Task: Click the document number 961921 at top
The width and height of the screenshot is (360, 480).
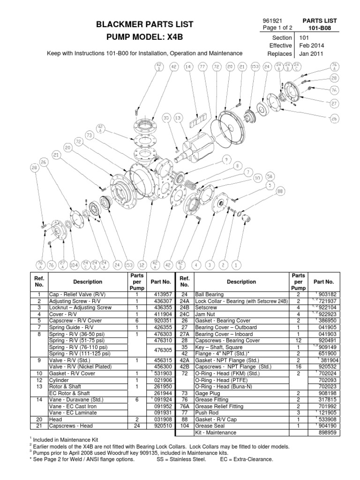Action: [x=274, y=21]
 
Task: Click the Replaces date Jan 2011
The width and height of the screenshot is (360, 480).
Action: [x=311, y=54]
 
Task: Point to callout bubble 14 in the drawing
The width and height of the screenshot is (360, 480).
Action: [x=188, y=67]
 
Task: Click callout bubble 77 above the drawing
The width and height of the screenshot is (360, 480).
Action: [x=202, y=67]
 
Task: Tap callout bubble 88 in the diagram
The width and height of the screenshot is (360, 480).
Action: [x=280, y=191]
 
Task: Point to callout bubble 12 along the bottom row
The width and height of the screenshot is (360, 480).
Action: [x=142, y=265]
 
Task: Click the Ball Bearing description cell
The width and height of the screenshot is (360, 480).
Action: [x=216, y=294]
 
